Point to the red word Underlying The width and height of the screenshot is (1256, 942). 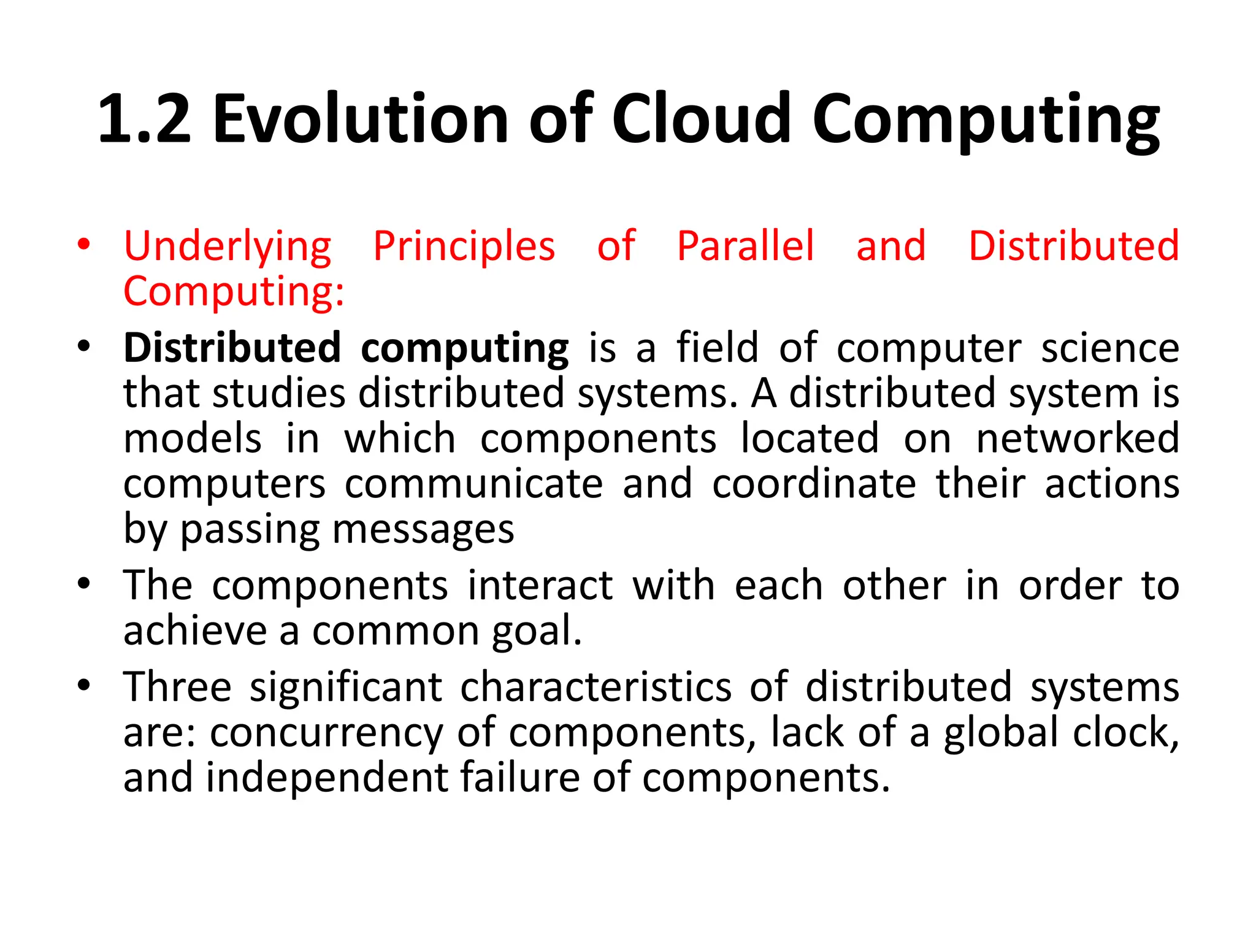coord(228,247)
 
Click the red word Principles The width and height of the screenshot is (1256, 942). coord(464,246)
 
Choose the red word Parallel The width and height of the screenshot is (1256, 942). coord(746,246)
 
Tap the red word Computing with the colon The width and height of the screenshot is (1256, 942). coord(234,291)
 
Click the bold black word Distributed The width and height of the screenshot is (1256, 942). coord(232,348)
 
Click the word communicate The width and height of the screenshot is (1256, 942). coord(473,484)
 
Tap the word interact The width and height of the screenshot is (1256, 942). coord(540,585)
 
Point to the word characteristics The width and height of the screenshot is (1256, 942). coord(595,687)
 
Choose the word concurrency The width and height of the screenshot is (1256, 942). coord(326,732)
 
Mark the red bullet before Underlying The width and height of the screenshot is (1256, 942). coord(84,246)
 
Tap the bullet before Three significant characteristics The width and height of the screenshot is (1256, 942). coord(84,685)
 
